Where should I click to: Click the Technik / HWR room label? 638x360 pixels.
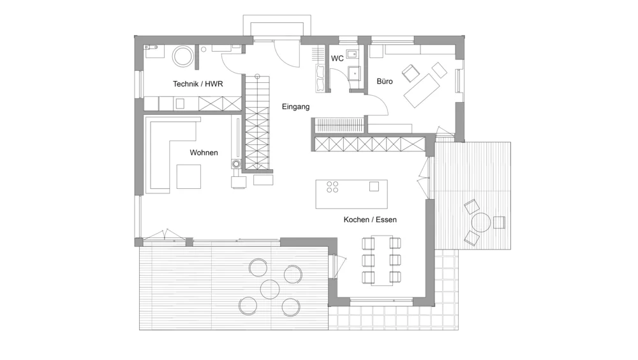(x=198, y=84)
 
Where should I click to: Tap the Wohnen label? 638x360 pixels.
(x=204, y=153)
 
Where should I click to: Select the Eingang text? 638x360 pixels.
(x=296, y=107)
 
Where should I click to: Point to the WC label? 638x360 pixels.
(x=338, y=59)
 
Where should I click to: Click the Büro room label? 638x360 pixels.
(x=385, y=82)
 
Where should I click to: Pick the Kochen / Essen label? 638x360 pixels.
(x=370, y=220)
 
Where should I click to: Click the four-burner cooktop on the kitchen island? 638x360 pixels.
(x=332, y=187)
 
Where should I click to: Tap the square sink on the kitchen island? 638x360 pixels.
(x=374, y=186)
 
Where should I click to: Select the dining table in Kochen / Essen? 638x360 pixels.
(x=382, y=260)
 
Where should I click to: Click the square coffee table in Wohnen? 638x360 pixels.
(x=189, y=177)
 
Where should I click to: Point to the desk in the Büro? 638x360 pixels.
(x=422, y=91)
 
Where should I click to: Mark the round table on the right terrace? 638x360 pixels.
(x=481, y=222)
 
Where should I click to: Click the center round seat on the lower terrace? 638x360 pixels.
(x=270, y=290)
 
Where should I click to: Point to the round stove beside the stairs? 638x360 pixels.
(x=236, y=164)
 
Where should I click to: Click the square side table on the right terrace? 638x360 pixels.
(x=499, y=222)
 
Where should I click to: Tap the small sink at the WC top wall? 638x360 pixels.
(x=353, y=54)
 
